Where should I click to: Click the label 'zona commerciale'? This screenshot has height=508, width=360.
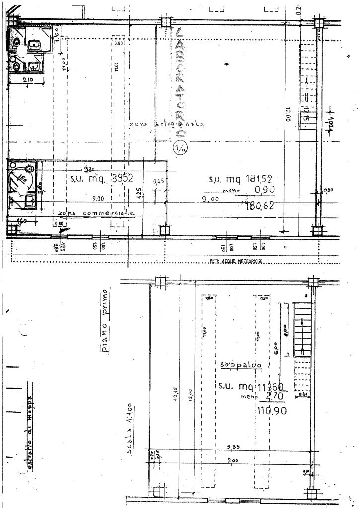pos(96,213)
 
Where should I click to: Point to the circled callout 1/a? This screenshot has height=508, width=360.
pos(179,147)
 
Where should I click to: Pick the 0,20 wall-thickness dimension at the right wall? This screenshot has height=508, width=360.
pos(326,190)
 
